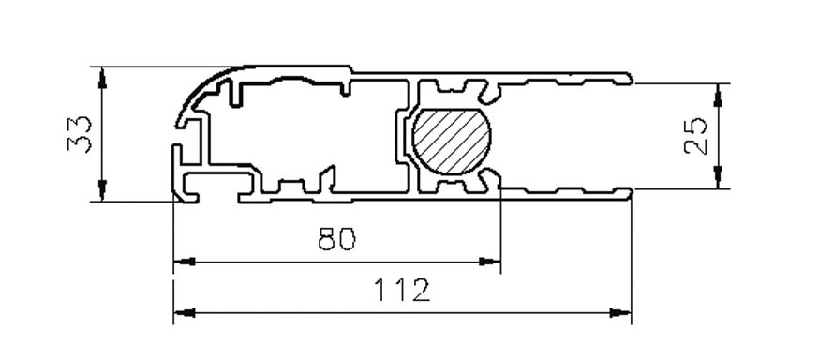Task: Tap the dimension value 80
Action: click(336, 240)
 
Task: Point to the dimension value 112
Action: click(403, 290)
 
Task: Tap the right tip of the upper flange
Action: click(630, 77)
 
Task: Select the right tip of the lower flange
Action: click(630, 192)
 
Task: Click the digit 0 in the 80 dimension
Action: click(347, 240)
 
